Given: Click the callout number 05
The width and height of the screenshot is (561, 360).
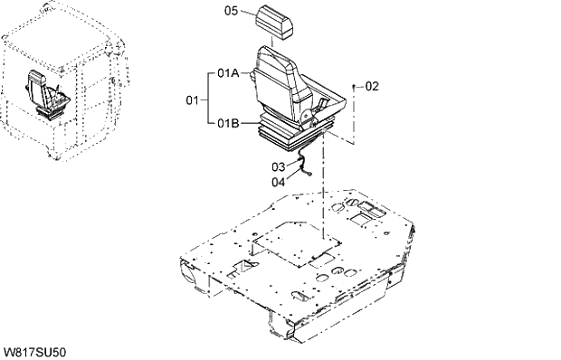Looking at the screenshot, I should click(230, 11).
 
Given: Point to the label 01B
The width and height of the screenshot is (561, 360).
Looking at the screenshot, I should click(228, 122).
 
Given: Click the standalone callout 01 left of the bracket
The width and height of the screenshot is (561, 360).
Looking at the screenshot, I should click(192, 97).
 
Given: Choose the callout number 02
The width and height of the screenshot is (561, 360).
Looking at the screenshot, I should click(372, 86).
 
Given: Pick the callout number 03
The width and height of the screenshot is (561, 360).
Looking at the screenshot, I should click(278, 166).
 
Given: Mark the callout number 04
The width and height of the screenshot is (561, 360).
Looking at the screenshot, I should click(278, 181).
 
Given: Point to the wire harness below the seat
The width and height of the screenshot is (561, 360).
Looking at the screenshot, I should click(306, 169).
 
